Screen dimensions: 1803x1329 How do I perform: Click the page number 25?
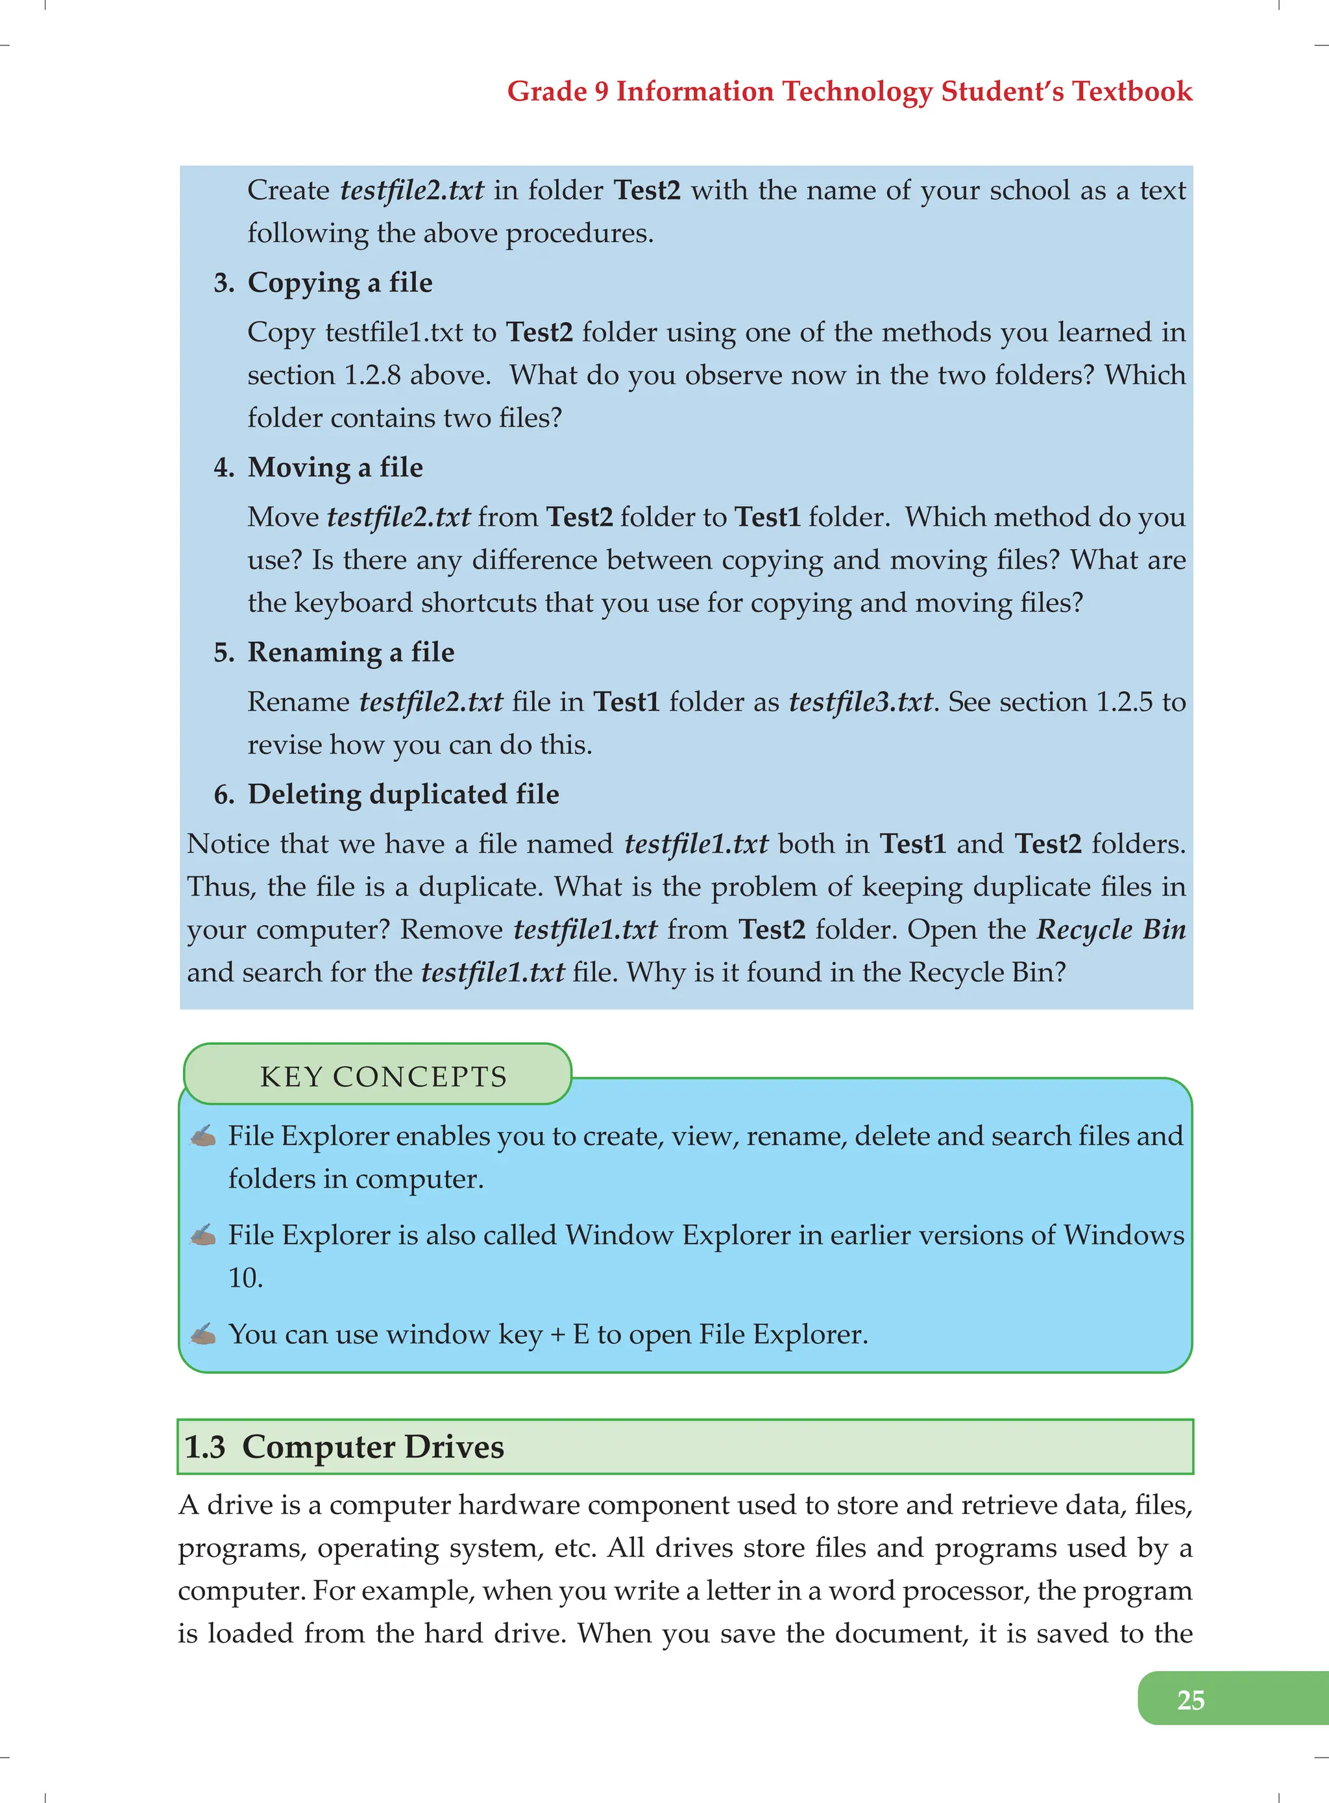[1190, 1699]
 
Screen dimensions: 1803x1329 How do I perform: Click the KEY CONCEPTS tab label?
[383, 1077]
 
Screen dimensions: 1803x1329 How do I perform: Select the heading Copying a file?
[339, 282]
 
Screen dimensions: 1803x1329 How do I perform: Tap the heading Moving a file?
[335, 467]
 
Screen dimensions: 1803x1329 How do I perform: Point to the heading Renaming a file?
[351, 652]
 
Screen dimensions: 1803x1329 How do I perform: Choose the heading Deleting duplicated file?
[403, 794]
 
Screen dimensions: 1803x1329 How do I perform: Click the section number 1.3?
[205, 1447]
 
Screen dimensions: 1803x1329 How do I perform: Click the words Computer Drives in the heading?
[372, 1447]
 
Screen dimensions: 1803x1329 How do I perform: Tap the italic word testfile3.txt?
[860, 702]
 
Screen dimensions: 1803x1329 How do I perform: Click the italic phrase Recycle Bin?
[1111, 929]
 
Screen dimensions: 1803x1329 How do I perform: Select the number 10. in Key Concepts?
[245, 1278]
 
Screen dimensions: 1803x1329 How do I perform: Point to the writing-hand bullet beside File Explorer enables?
[202, 1135]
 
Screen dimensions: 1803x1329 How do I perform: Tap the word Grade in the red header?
[546, 91]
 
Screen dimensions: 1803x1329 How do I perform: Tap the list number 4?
[223, 467]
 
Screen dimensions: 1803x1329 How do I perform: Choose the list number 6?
[223, 795]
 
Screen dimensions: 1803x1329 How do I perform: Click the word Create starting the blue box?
[288, 191]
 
